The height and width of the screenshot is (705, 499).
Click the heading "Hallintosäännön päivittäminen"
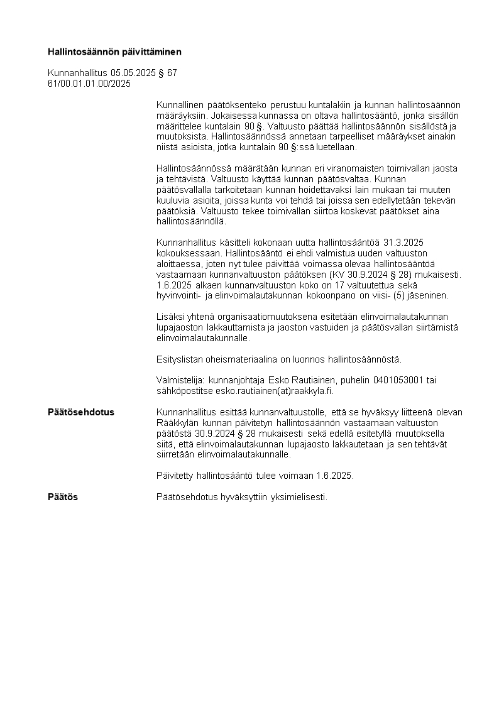click(x=114, y=52)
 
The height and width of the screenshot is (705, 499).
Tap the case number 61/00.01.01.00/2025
click(x=89, y=84)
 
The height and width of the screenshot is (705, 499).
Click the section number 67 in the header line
click(x=172, y=73)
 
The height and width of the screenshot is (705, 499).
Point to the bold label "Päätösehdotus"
click(x=81, y=412)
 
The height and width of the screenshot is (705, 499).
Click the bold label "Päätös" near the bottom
click(x=63, y=497)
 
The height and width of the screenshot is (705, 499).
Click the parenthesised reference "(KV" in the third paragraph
click(x=336, y=275)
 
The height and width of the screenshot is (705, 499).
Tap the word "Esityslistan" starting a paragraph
click(x=180, y=359)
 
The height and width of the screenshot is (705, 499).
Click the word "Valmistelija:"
click(x=181, y=380)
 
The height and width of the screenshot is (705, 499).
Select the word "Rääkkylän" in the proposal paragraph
click(x=177, y=423)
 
